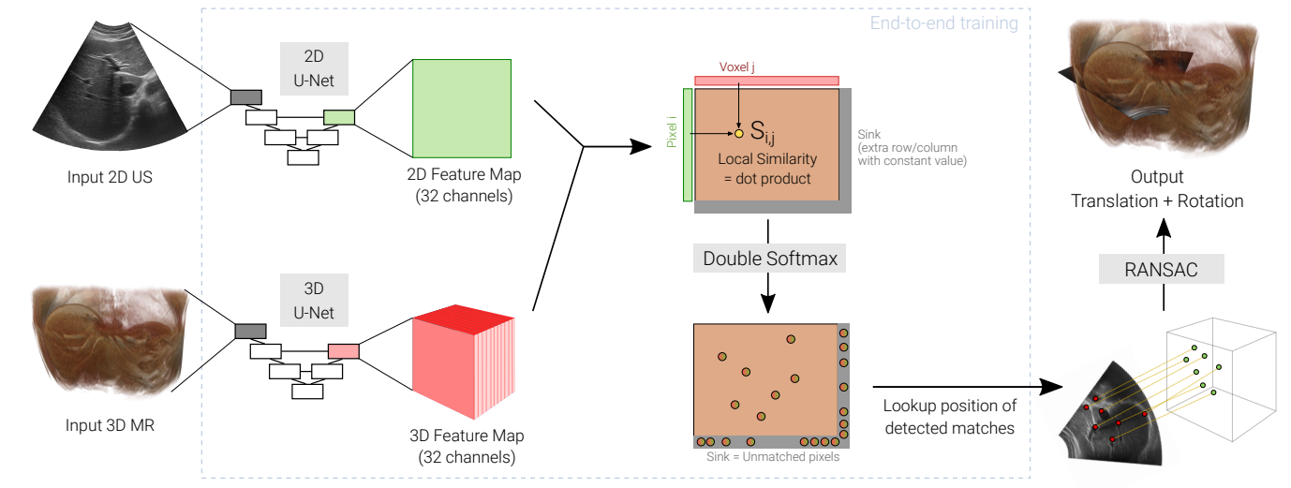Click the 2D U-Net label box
pyautogui.click(x=314, y=68)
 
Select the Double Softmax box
pyautogui.click(x=767, y=258)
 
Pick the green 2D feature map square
pyautogui.click(x=462, y=109)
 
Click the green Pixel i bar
pyautogui.click(x=688, y=145)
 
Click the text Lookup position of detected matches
pyautogui.click(x=949, y=417)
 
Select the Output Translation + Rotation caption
pyautogui.click(x=1157, y=189)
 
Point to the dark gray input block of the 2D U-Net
pyautogui.click(x=245, y=96)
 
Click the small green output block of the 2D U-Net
pyautogui.click(x=338, y=117)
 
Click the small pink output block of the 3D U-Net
pyautogui.click(x=343, y=351)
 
